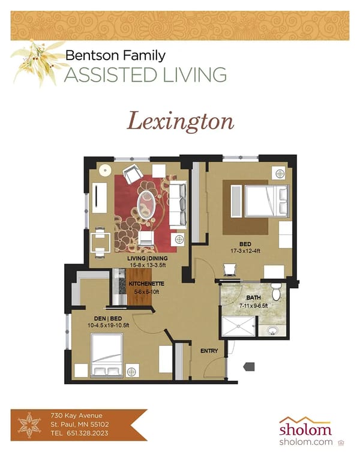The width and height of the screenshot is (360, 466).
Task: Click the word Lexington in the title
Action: click(x=180, y=121)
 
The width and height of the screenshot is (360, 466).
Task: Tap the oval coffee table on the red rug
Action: click(x=146, y=205)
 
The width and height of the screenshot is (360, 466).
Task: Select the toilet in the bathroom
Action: click(x=276, y=293)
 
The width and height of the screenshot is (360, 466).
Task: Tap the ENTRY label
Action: click(x=209, y=351)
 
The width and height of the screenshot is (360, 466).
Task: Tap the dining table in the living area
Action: click(x=100, y=242)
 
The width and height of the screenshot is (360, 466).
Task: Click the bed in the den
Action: click(x=107, y=355)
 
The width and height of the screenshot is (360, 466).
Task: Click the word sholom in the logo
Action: click(x=305, y=430)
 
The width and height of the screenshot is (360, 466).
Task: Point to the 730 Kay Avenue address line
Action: click(x=76, y=416)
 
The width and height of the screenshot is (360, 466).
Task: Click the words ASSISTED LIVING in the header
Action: click(x=145, y=75)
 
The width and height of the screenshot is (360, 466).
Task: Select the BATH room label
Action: click(x=253, y=296)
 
